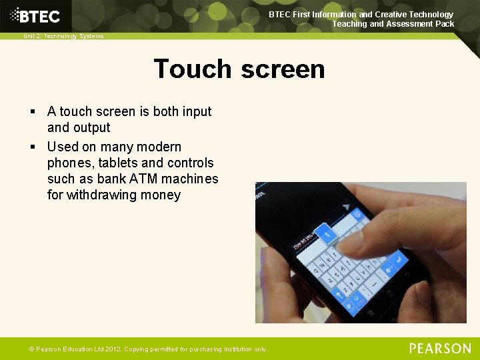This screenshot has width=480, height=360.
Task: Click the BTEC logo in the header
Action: [35, 16]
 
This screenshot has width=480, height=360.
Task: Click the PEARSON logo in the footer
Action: [440, 349]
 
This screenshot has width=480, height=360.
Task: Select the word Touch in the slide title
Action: [193, 69]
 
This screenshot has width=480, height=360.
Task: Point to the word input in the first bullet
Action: [197, 112]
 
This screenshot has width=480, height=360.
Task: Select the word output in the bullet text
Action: [92, 128]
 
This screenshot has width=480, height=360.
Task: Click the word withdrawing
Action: [101, 195]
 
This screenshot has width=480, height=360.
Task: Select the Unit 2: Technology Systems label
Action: [63, 36]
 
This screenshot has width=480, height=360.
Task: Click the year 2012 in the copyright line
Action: [111, 349]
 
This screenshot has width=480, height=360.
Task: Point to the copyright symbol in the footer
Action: [31, 349]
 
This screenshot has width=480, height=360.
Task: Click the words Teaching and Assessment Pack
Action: [393, 24]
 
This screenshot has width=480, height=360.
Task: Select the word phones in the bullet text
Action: [70, 163]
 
